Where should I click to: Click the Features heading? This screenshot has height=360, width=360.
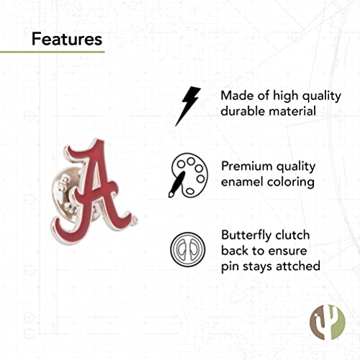click(67, 38)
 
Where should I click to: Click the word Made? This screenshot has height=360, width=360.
click(238, 96)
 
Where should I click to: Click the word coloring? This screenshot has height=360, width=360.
click(292, 182)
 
